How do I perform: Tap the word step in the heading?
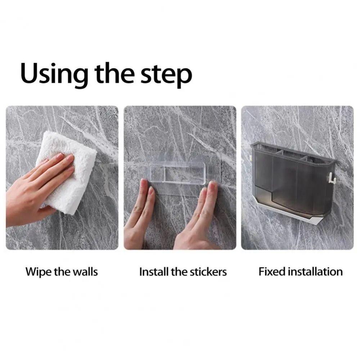pyautogui.click(x=166, y=75)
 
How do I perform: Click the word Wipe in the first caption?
pyautogui.click(x=39, y=272)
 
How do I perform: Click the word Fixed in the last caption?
pyautogui.click(x=272, y=271)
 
